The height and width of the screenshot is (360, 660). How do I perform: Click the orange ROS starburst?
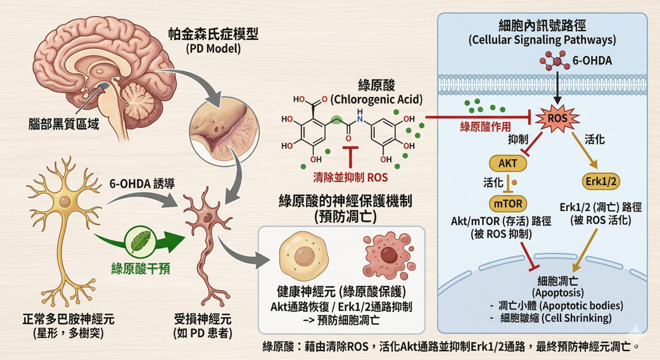coord(557,118)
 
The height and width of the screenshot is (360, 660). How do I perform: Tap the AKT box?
coord(507,163)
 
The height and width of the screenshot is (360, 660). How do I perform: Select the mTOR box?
coord(507,203)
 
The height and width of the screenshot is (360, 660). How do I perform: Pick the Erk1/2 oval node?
coord(602,181)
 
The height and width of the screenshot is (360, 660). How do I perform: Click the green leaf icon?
coord(139,241)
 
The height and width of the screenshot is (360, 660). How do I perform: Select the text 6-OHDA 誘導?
coord(142,184)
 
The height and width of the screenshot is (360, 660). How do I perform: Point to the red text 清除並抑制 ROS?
coord(350,178)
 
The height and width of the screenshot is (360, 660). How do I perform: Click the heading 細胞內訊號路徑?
coord(542,25)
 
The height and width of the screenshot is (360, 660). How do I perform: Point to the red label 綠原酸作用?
coord(485,126)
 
